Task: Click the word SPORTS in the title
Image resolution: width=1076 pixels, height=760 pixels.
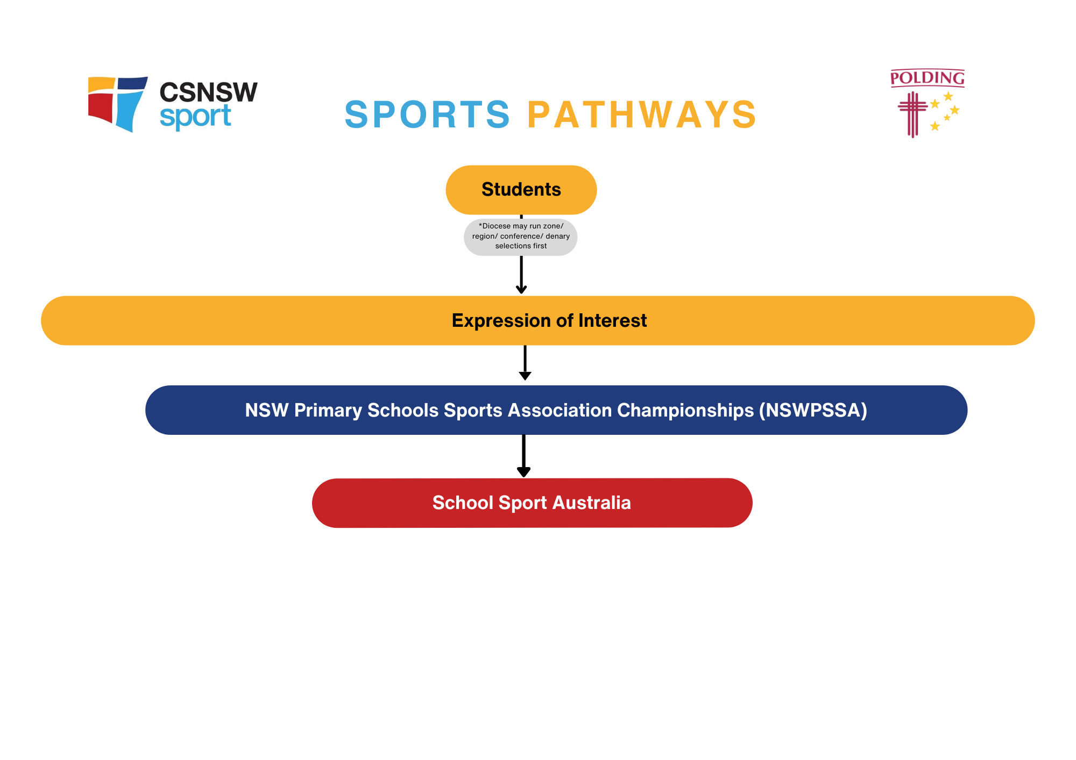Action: point(427,114)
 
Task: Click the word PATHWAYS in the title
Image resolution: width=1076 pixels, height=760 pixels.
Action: point(642,114)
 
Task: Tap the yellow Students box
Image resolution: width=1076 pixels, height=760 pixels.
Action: point(521,190)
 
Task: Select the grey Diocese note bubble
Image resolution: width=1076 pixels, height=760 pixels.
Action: point(521,236)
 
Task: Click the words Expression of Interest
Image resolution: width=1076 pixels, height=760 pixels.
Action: point(549,320)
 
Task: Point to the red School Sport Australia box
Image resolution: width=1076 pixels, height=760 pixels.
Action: point(532,503)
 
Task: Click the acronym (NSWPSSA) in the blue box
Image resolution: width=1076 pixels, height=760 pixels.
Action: point(813,410)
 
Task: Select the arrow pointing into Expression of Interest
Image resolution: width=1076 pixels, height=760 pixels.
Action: point(521,275)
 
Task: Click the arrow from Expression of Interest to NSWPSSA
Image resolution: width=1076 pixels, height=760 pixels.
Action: point(525,363)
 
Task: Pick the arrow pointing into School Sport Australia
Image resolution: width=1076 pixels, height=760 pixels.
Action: point(523,456)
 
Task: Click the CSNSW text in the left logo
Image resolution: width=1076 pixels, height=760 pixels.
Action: point(208,92)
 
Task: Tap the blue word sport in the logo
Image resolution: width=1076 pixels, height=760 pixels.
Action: point(195,117)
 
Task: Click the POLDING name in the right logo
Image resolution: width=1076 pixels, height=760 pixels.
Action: point(927,78)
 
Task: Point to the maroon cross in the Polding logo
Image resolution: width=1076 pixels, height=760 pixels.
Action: point(912,113)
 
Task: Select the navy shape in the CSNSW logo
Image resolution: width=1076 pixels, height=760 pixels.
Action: point(132,83)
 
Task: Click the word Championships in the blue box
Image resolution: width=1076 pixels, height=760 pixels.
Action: point(685,410)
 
